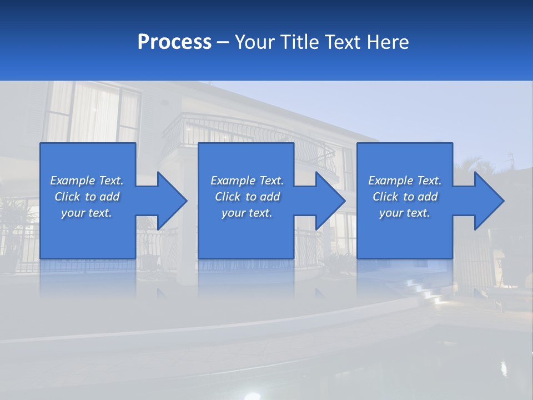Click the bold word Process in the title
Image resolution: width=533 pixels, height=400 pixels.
pyautogui.click(x=174, y=42)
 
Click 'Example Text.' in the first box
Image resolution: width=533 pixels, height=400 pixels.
pyautogui.click(x=87, y=181)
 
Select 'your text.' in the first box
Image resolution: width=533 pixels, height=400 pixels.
pyautogui.click(x=87, y=213)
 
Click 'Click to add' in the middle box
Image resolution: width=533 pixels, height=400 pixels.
pyautogui.click(x=247, y=197)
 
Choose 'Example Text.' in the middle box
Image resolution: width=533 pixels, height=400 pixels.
pyautogui.click(x=247, y=181)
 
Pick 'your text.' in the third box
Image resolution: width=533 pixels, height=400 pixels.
pyautogui.click(x=405, y=213)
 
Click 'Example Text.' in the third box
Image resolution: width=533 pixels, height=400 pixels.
pyautogui.click(x=405, y=181)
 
